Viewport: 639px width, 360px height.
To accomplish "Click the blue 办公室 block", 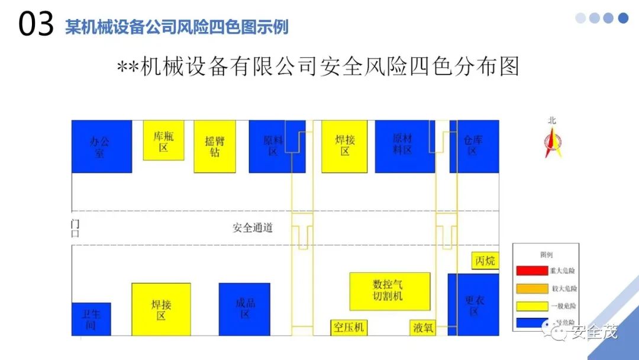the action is [x=101, y=146].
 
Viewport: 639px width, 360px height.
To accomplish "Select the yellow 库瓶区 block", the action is [x=163, y=140].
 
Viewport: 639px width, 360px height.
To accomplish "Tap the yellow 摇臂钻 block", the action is [x=215, y=146].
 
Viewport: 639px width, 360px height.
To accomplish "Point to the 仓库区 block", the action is [x=474, y=146].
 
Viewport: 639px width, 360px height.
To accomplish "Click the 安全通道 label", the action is [x=253, y=228].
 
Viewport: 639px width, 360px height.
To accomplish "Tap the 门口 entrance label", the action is [x=75, y=228].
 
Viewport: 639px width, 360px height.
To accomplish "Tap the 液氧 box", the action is [x=422, y=327].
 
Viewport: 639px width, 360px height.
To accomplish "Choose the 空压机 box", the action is [x=348, y=327].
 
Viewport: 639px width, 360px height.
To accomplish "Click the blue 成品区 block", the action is [x=244, y=308].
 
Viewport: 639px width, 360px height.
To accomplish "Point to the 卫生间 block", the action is [x=91, y=319].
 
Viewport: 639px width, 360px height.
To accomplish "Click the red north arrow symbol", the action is [x=553, y=143].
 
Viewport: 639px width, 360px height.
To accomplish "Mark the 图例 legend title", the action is [x=546, y=255].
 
